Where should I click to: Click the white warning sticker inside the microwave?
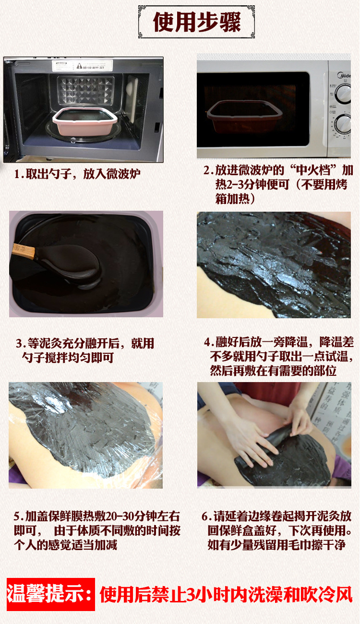[x=83, y=65]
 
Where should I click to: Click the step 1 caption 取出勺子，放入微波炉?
[x=78, y=173]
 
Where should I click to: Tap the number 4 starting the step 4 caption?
[x=207, y=342]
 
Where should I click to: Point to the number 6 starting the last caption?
[x=205, y=517]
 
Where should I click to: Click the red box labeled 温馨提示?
[x=50, y=594]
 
